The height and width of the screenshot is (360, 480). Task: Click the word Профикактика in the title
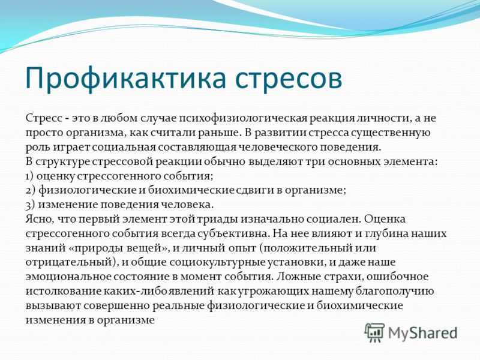(x=126, y=79)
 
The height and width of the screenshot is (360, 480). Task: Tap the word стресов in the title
(x=289, y=80)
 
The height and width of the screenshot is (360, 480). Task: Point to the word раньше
(x=218, y=132)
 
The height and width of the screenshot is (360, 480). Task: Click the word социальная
(x=124, y=147)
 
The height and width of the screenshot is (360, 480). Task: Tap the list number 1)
(x=30, y=176)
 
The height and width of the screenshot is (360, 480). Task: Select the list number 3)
(x=31, y=205)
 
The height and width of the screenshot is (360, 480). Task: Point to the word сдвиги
(x=256, y=190)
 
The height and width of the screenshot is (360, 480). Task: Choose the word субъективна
(x=233, y=233)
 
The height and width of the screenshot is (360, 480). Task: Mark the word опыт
(x=242, y=248)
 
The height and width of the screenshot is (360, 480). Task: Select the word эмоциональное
(x=68, y=277)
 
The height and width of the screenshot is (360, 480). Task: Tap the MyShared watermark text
(x=423, y=333)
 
